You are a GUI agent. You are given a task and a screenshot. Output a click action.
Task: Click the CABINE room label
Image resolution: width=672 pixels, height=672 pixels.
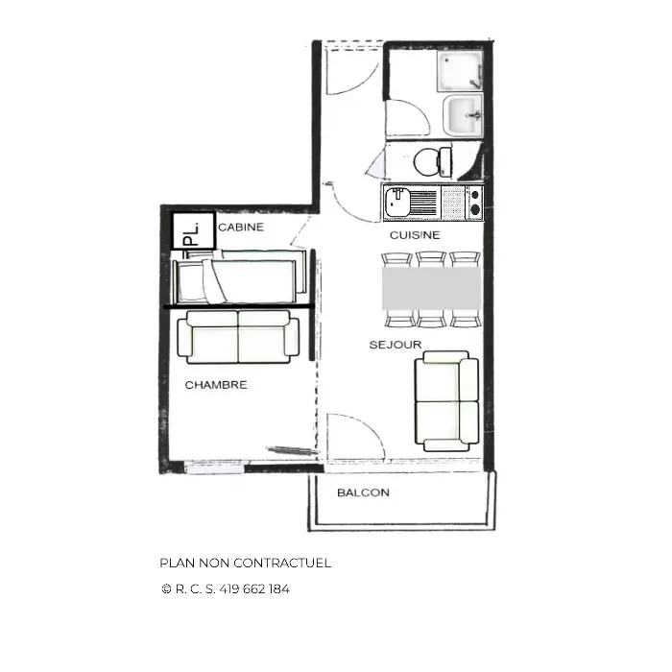click(241, 228)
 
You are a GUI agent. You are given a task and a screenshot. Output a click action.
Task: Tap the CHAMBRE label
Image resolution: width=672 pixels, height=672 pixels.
click(216, 385)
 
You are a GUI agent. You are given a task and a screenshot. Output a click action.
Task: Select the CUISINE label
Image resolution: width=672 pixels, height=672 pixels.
click(415, 235)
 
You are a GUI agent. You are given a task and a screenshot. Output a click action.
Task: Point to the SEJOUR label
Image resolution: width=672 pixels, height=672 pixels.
click(396, 345)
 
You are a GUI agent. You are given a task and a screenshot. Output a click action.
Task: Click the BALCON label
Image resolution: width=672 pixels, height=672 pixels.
click(364, 492)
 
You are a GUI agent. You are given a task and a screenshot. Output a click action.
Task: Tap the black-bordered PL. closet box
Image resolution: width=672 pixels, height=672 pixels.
click(193, 231)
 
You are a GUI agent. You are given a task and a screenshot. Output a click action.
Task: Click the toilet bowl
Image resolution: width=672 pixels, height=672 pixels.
click(433, 162)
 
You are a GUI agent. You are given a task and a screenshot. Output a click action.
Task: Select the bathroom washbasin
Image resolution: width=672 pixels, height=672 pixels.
click(463, 114)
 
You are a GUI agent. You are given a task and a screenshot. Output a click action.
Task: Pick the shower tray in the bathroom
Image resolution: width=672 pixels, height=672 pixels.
click(460, 71)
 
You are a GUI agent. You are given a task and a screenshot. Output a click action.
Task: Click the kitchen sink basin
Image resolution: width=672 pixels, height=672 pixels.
click(397, 203)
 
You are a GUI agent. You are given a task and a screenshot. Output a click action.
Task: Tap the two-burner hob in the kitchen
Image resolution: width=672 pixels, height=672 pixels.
click(474, 203)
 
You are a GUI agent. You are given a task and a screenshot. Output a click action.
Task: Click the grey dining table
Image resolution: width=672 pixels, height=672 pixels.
click(432, 288)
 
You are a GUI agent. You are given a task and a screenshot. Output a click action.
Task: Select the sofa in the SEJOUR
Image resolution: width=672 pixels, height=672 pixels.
click(446, 401)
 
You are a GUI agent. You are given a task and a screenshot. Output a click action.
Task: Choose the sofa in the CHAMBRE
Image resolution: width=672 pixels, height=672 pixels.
click(238, 337)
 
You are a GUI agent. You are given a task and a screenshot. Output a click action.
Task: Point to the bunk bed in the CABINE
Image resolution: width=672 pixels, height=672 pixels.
click(240, 276)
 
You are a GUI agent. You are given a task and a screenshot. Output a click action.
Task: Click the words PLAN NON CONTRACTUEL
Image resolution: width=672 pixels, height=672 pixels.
click(246, 563)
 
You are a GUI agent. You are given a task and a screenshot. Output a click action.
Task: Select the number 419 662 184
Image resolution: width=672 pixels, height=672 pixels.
click(254, 589)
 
